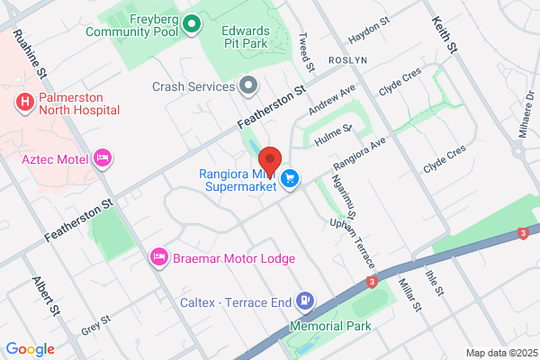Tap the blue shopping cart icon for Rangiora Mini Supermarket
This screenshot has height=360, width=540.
coord(290,178)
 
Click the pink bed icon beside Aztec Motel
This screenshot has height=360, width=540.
coord(103,159)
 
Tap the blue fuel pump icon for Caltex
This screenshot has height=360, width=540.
coord(307,301)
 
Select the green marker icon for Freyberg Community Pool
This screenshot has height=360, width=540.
coord(191,24)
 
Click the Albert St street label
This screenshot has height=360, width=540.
coord(48,295)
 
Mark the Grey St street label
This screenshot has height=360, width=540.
coord(94,321)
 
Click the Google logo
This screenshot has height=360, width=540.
coord(30,348)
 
